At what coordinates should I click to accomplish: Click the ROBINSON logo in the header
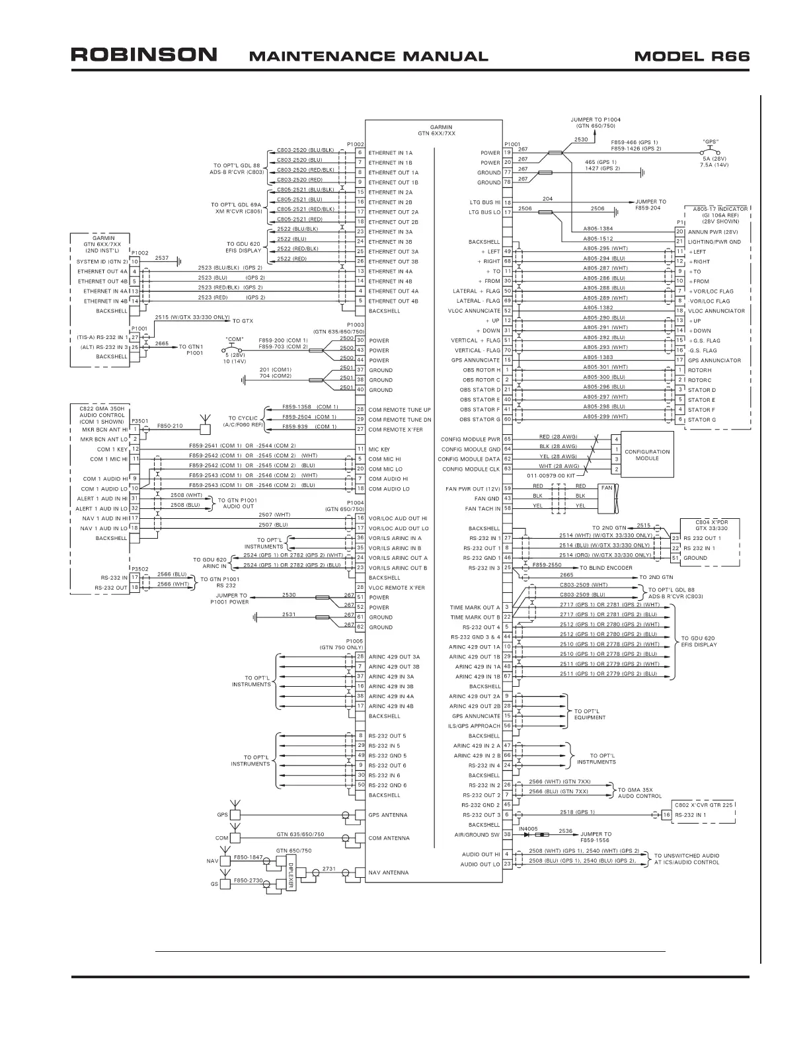[x=143, y=55]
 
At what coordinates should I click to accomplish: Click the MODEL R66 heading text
[x=691, y=56]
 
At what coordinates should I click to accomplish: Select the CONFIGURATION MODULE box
[x=647, y=455]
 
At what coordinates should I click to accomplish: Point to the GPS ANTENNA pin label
[x=388, y=815]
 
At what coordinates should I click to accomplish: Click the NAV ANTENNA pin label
[x=388, y=872]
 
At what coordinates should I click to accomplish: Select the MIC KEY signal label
[x=379, y=449]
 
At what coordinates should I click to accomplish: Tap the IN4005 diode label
[x=528, y=828]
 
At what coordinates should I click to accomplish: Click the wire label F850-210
[x=170, y=426]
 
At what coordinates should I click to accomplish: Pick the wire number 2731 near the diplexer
[x=328, y=869]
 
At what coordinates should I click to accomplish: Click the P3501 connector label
[x=139, y=420]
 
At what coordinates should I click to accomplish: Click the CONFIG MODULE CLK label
[x=471, y=469]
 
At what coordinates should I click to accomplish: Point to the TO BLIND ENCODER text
[x=605, y=567]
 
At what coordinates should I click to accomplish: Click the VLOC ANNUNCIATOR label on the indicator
[x=716, y=311]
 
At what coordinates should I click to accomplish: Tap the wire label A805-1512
[x=597, y=239]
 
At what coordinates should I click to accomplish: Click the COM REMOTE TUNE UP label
[x=399, y=410]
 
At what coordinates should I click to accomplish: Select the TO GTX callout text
[x=243, y=321]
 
